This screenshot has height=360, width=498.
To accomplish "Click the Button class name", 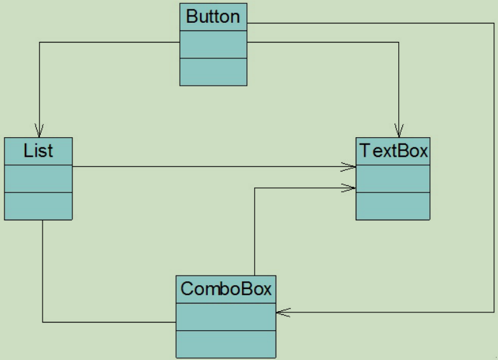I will pos(213,17).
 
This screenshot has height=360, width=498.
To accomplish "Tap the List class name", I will pos(38,151).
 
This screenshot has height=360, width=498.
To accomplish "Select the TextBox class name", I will pos(393,151).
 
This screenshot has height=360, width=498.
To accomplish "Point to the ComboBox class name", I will pos(226,289).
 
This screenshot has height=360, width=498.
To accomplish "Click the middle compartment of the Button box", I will pos(213,44).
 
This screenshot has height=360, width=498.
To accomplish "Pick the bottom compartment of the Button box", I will pos(213,71).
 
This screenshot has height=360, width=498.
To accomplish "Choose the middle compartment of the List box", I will pos(38,178).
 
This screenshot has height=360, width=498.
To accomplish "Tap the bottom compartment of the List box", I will pos(38,206).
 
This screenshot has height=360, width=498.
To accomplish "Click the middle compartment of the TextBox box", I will pos(393,178).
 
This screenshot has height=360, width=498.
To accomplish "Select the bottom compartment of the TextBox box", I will pos(393,206).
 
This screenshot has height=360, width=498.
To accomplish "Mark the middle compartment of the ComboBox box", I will pos(226,316).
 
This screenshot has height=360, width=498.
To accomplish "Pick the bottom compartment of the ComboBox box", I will pos(226,343).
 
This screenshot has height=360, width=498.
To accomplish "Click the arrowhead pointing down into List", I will pos(40,130).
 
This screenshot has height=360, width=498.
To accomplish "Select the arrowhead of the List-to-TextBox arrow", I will pos(349,167).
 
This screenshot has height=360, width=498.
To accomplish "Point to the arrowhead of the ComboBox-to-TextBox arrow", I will pos(349,187).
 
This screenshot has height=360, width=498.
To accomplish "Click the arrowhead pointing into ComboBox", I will pos(283,312).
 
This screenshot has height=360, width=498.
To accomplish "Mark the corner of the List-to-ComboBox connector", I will pos(43,322).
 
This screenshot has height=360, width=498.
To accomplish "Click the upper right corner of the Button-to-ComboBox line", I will pos(494,23).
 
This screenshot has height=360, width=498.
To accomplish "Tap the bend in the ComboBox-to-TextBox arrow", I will pos(255,187).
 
